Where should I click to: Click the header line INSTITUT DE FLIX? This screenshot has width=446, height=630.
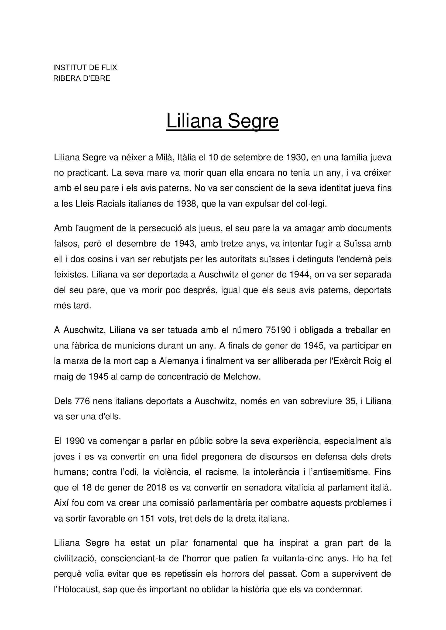click(x=85, y=68)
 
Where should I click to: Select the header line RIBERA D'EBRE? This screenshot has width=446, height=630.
click(x=81, y=78)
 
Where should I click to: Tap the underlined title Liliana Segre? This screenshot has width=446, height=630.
click(x=222, y=121)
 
